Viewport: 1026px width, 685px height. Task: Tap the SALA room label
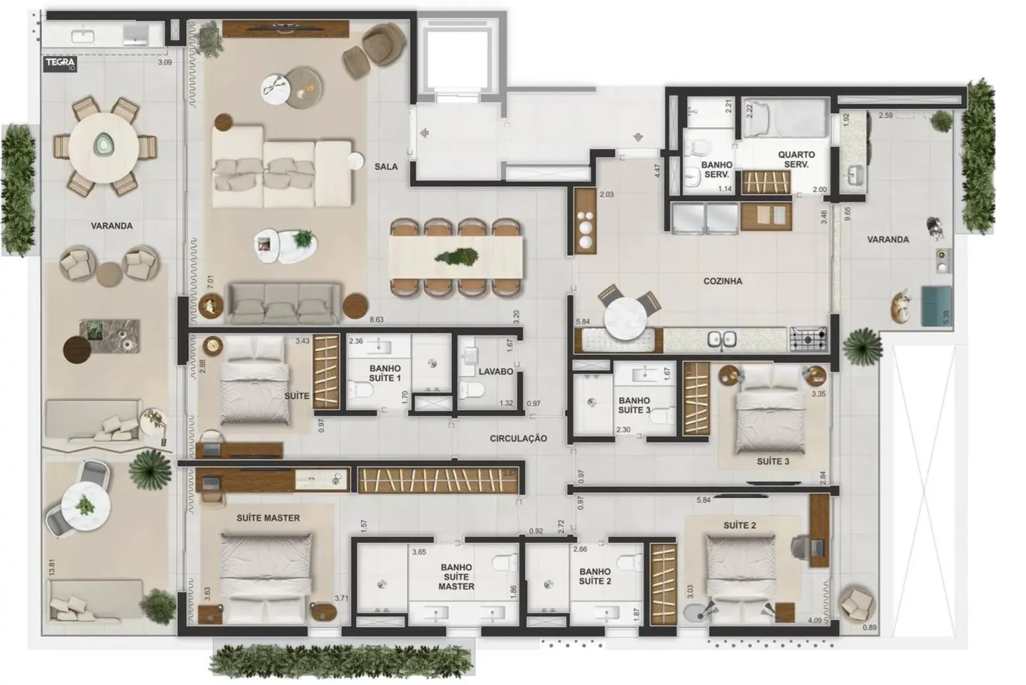(386, 167)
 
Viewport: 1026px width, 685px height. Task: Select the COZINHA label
(722, 281)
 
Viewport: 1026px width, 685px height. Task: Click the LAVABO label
(495, 371)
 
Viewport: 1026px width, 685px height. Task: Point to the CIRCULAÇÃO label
(518, 439)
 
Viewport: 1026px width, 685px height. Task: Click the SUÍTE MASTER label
(268, 518)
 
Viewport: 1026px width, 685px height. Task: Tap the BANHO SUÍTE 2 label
(595, 576)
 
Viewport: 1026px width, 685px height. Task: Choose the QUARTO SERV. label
(796, 159)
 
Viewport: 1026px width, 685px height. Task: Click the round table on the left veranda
(103, 147)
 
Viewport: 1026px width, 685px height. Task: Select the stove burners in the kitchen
(808, 339)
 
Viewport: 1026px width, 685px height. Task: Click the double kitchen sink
(722, 340)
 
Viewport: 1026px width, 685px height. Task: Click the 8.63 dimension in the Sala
(376, 320)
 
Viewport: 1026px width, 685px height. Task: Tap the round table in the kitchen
(624, 318)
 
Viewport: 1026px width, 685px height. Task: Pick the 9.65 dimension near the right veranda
(847, 213)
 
